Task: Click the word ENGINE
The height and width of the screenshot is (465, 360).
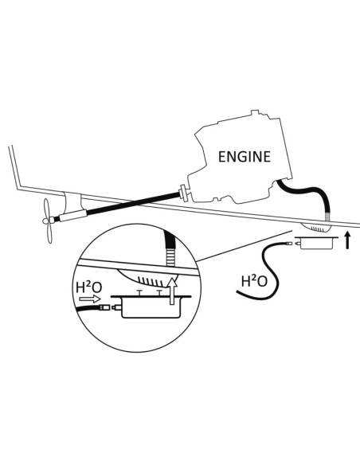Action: (245, 157)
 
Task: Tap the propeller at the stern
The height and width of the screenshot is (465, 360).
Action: (48, 221)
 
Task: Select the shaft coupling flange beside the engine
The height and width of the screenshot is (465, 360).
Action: (183, 193)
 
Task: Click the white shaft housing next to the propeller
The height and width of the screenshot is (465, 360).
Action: (73, 215)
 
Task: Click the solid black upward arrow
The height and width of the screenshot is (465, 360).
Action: (348, 240)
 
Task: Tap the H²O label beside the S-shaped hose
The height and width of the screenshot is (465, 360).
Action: (254, 281)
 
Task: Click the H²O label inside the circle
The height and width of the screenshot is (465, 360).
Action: (89, 287)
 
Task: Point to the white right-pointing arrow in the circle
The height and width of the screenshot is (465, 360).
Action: (91, 299)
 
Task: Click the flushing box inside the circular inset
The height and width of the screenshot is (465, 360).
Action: (151, 307)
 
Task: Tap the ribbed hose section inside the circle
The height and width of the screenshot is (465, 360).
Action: (170, 257)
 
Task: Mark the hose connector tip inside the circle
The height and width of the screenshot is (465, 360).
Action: (104, 307)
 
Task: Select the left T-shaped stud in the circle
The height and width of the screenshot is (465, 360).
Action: (139, 293)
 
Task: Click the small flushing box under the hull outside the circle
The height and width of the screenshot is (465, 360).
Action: (316, 243)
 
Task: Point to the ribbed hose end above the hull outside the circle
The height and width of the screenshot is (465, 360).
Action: (327, 217)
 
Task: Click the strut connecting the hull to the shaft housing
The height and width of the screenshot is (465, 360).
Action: (72, 202)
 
